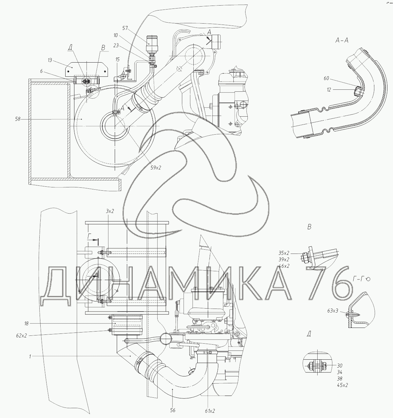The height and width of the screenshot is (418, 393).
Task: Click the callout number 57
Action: coord(125,28)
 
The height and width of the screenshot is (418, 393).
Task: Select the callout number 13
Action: coord(50,60)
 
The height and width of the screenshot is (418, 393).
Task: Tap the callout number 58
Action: coord(18,119)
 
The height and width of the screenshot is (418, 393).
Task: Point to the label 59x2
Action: coord(156,168)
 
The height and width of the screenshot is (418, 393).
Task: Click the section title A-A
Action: coord(342,40)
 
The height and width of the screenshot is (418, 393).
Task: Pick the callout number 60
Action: coord(326,78)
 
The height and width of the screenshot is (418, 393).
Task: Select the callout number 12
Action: coord(329,90)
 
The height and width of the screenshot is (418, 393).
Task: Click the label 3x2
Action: coord(110,211)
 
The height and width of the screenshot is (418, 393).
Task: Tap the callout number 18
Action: coord(26,324)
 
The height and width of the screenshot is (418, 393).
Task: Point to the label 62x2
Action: coord(22,336)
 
